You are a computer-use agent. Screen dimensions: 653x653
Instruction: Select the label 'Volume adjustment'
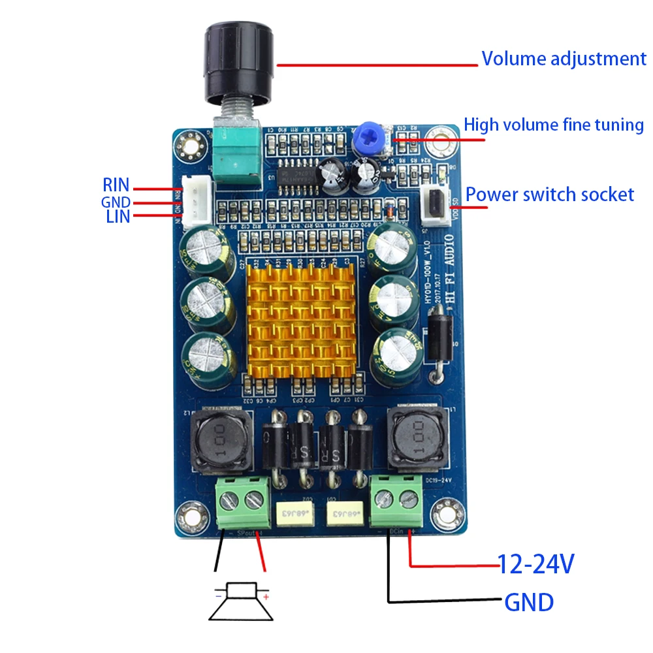pyautogui.click(x=564, y=59)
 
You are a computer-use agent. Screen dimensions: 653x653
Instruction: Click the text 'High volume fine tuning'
pyautogui.click(x=554, y=124)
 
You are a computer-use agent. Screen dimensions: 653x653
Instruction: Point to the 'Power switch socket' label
pyautogui.click(x=549, y=194)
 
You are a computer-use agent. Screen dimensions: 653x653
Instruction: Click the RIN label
pyautogui.click(x=116, y=185)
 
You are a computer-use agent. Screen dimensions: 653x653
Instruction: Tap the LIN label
pyautogui.click(x=118, y=217)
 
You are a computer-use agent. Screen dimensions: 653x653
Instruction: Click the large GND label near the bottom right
pyautogui.click(x=528, y=601)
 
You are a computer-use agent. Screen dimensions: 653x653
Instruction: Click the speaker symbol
pyautogui.click(x=240, y=601)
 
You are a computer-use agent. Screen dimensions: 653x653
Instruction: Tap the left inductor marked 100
pyautogui.click(x=219, y=440)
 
